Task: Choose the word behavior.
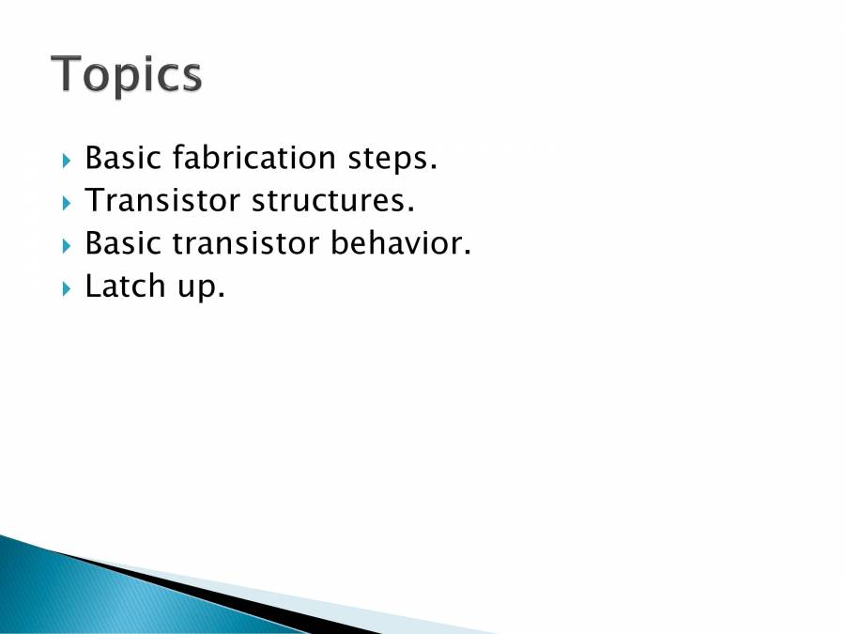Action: [x=400, y=243]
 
